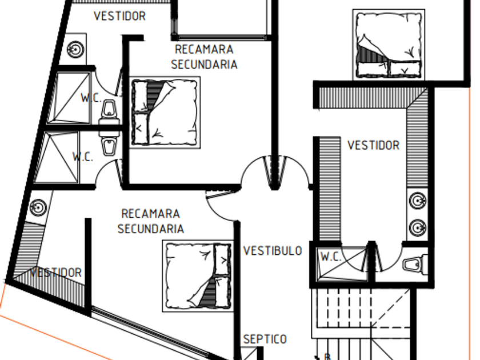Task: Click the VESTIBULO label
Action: (x=273, y=251)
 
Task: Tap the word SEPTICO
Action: (x=265, y=339)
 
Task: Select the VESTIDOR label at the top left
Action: (x=119, y=16)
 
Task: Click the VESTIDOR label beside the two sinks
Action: (x=373, y=145)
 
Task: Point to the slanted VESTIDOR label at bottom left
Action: (x=55, y=273)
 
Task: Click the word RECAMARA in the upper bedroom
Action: (x=204, y=50)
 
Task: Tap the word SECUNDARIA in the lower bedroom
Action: (x=151, y=229)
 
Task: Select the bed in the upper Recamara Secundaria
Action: (x=165, y=112)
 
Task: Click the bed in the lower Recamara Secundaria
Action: (x=198, y=275)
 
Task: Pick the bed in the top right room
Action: (x=389, y=44)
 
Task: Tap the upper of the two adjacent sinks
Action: (x=418, y=201)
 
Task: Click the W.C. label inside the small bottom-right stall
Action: (x=330, y=257)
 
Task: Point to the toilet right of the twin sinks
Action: (x=413, y=265)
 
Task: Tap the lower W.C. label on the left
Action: (x=83, y=157)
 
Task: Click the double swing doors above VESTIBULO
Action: (x=275, y=171)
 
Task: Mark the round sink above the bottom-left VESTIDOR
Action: (x=38, y=207)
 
